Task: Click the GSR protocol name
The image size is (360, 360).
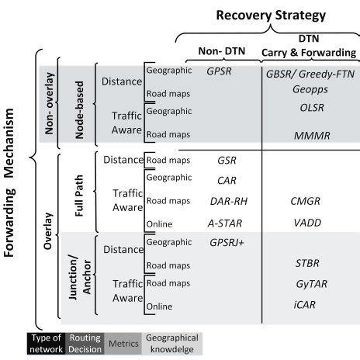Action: click(x=226, y=161)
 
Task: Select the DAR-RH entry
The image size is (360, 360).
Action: click(x=226, y=201)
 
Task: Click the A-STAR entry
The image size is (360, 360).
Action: click(x=226, y=221)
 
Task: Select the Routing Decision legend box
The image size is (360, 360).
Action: click(x=86, y=343)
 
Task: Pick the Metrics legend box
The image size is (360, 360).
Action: click(x=123, y=343)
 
